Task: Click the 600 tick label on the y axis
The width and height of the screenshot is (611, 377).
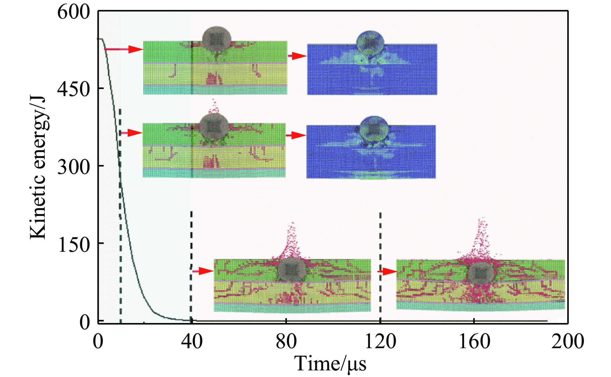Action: click(x=74, y=13)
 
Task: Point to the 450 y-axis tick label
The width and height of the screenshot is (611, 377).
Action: click(x=74, y=89)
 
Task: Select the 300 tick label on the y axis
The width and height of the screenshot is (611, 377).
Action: click(x=74, y=167)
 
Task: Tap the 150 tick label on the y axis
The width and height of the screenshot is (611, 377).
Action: click(x=74, y=244)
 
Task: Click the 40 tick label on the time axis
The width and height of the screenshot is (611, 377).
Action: click(x=192, y=341)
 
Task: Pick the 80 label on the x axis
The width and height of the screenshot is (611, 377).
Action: click(x=286, y=341)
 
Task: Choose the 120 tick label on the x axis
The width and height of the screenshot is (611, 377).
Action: click(x=380, y=341)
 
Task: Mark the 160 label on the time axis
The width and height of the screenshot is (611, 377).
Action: click(x=474, y=341)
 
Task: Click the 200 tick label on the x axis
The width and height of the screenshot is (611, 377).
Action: click(x=567, y=341)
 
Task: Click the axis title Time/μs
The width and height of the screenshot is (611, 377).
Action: click(x=330, y=364)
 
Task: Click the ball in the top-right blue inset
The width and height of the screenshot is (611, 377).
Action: click(x=370, y=43)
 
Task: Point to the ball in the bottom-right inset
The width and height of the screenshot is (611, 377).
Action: click(x=480, y=274)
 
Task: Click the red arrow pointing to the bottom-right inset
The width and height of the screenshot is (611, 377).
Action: click(x=388, y=272)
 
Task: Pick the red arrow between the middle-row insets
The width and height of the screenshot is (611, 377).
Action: click(x=296, y=135)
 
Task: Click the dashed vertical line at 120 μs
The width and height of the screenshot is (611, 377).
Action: click(x=380, y=265)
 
